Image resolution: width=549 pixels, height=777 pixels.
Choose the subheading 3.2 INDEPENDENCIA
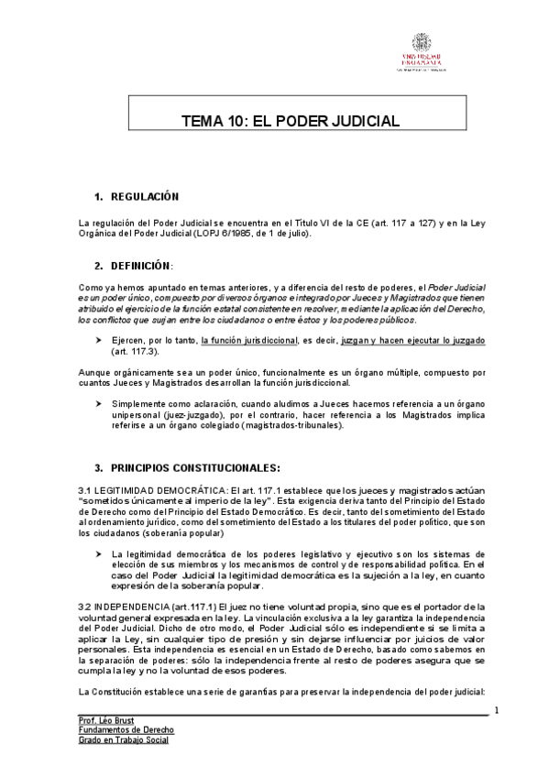click(x=136, y=607)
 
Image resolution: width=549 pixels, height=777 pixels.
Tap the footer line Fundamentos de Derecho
click(x=126, y=730)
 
